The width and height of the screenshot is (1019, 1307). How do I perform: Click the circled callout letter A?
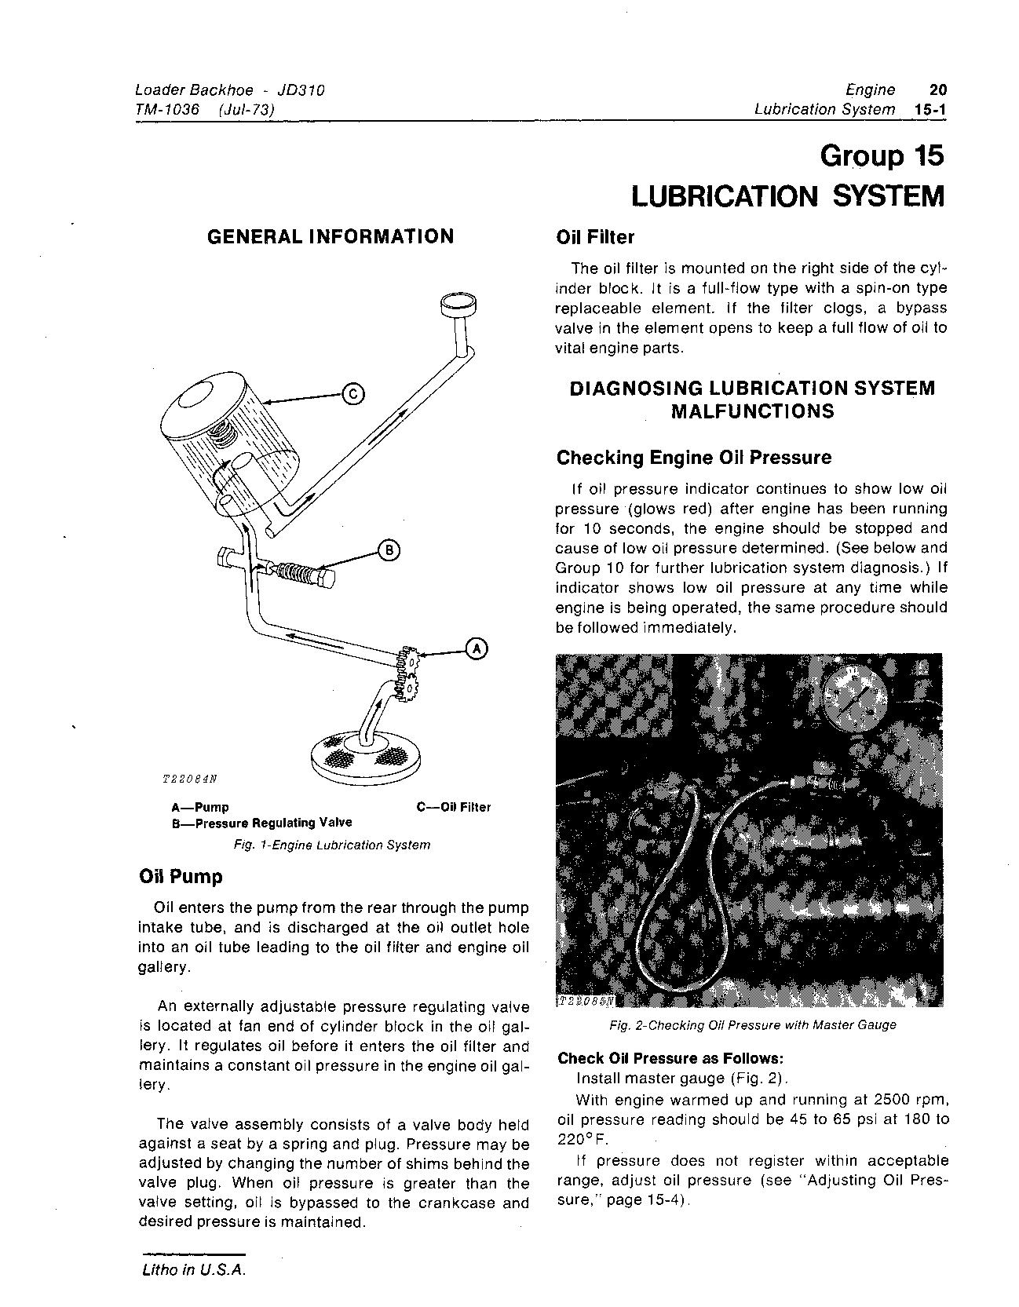pyautogui.click(x=477, y=648)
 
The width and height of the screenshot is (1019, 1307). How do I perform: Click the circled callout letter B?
pyautogui.click(x=389, y=550)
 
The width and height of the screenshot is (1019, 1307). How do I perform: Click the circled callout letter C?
pyautogui.click(x=353, y=394)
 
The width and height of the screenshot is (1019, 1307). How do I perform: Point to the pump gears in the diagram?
pyautogui.click(x=408, y=672)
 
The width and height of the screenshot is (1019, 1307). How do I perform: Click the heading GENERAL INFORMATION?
pyautogui.click(x=330, y=236)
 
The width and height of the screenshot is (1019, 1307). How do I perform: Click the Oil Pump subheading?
pyautogui.click(x=180, y=876)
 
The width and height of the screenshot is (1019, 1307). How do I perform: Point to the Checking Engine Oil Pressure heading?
pyautogui.click(x=694, y=457)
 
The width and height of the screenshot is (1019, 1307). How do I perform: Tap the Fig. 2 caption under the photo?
pyautogui.click(x=751, y=1024)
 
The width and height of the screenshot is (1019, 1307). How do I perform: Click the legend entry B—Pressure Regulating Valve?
pyautogui.click(x=261, y=823)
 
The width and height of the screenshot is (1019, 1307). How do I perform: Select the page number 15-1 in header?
pyautogui.click(x=930, y=109)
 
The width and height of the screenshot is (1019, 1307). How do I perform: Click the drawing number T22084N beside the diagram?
pyautogui.click(x=188, y=779)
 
